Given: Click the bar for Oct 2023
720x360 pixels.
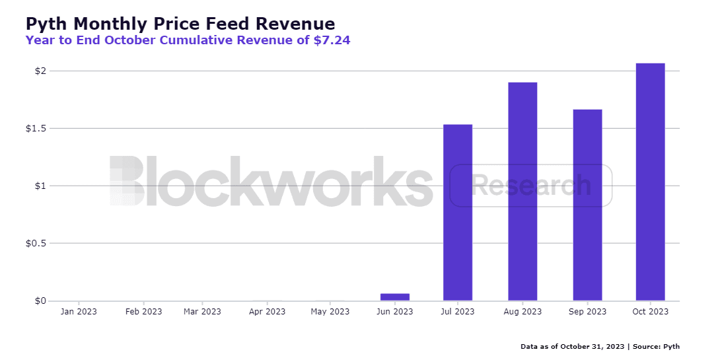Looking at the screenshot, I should click(650, 182).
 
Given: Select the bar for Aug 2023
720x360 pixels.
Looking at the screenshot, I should click(522, 192).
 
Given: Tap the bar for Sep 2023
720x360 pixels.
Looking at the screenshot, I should click(587, 205).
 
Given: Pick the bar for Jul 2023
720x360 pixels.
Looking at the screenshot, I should click(458, 213).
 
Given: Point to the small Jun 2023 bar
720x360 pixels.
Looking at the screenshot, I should click(395, 297).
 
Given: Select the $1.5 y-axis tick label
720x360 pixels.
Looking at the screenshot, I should click(36, 128).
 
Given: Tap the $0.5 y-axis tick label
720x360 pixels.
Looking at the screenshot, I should click(36, 243).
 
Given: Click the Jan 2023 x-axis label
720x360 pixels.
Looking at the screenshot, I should click(79, 312).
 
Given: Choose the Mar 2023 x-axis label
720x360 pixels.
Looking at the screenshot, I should click(202, 312).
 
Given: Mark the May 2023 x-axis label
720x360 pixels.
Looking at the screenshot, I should click(330, 312).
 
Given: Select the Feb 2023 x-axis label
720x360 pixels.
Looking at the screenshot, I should click(143, 312).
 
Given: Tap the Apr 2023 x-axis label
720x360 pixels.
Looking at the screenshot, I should click(266, 312).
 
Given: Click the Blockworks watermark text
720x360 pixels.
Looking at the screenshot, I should click(271, 182).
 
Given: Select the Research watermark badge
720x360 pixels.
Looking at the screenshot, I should click(531, 186).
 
